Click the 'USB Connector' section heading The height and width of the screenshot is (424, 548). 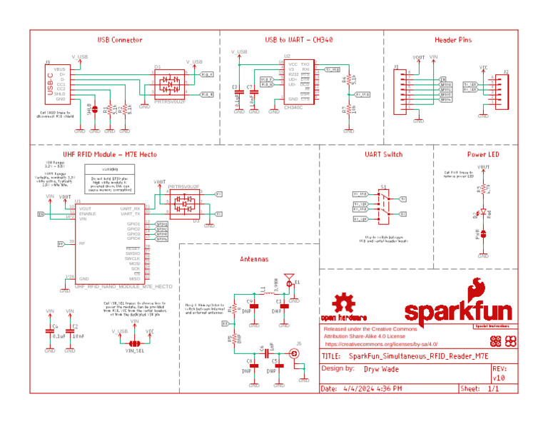click(120, 40)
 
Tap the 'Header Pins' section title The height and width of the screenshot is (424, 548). click(453, 40)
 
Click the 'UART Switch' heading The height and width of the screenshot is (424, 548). click(383, 154)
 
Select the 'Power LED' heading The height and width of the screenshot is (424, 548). click(483, 154)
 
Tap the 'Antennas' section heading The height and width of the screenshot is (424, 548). click(253, 259)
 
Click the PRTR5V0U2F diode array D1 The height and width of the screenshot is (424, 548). click(170, 85)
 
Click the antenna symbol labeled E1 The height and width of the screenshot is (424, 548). click(289, 278)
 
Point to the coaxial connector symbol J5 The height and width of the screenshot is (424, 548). click(293, 353)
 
